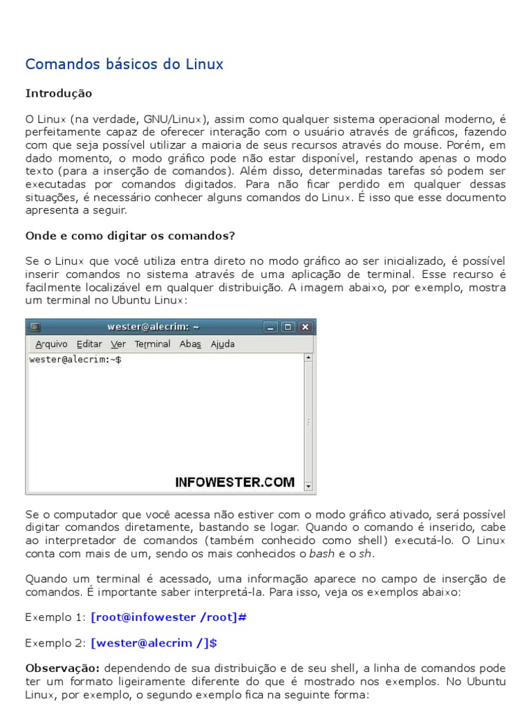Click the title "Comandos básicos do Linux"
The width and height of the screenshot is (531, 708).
click(x=124, y=64)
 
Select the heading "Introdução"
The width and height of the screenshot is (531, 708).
click(x=59, y=93)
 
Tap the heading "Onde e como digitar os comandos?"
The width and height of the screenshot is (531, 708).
click(x=130, y=236)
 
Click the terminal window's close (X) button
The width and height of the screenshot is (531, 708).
click(x=305, y=327)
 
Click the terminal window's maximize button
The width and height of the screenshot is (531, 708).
click(x=288, y=327)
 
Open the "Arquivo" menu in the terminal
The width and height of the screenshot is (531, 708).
click(x=51, y=344)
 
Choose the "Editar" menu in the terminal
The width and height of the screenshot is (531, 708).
click(x=89, y=344)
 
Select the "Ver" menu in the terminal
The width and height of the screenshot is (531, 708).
click(x=118, y=344)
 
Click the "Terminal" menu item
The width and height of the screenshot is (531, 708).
click(x=152, y=344)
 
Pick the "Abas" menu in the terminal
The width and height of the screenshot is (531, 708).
click(x=190, y=344)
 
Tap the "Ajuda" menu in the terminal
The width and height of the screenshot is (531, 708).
click(x=223, y=344)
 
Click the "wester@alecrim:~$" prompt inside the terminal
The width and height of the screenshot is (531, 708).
click(x=75, y=360)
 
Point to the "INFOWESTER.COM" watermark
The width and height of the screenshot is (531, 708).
click(x=234, y=483)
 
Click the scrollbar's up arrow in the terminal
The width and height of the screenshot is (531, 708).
click(x=308, y=358)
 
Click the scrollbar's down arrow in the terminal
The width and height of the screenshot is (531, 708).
click(x=308, y=487)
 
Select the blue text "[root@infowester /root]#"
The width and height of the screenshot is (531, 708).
click(x=169, y=617)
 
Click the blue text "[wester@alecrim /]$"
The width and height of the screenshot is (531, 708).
click(x=153, y=643)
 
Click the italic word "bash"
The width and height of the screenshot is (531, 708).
click(x=322, y=553)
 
